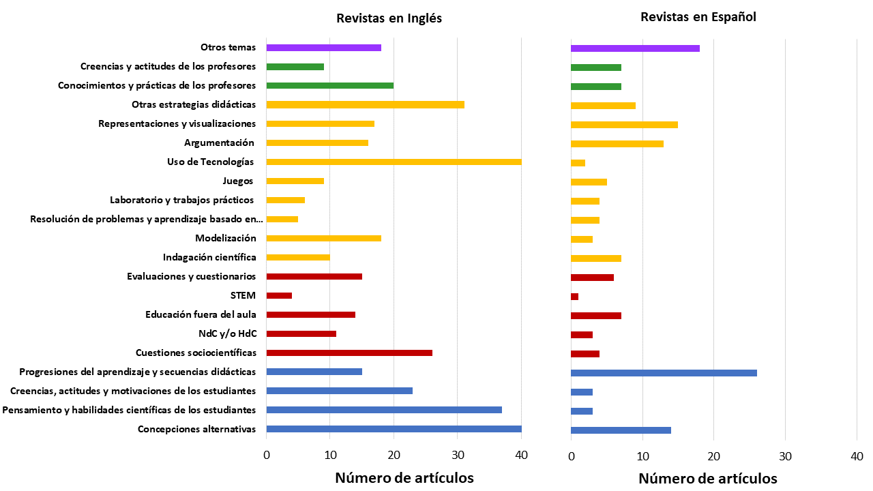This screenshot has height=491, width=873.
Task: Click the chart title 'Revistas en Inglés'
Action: click(389, 18)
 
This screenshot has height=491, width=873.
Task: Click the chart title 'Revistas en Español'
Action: click(698, 17)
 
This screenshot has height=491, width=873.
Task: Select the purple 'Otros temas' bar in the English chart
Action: click(323, 48)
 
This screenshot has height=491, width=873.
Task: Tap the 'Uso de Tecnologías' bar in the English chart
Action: click(394, 162)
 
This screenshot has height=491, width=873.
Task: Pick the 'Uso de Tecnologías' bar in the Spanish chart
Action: click(578, 163)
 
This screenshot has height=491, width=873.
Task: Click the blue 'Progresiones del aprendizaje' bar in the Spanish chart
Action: click(664, 373)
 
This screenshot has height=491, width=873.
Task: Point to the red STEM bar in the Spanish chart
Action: click(574, 297)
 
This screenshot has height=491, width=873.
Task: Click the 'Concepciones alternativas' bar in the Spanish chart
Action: click(621, 430)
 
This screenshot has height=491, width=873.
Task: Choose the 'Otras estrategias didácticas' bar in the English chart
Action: click(365, 104)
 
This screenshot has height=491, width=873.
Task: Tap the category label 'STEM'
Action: click(243, 295)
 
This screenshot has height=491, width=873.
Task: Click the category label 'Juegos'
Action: click(238, 181)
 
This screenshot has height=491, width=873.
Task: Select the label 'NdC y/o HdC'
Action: click(222, 333)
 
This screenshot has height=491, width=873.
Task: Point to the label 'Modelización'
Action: click(225, 238)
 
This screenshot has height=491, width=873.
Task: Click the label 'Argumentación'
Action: click(219, 143)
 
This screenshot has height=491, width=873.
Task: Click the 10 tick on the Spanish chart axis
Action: click(642, 456)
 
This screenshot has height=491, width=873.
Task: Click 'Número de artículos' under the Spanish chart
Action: click(707, 479)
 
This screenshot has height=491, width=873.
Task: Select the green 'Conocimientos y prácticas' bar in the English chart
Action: click(329, 85)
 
